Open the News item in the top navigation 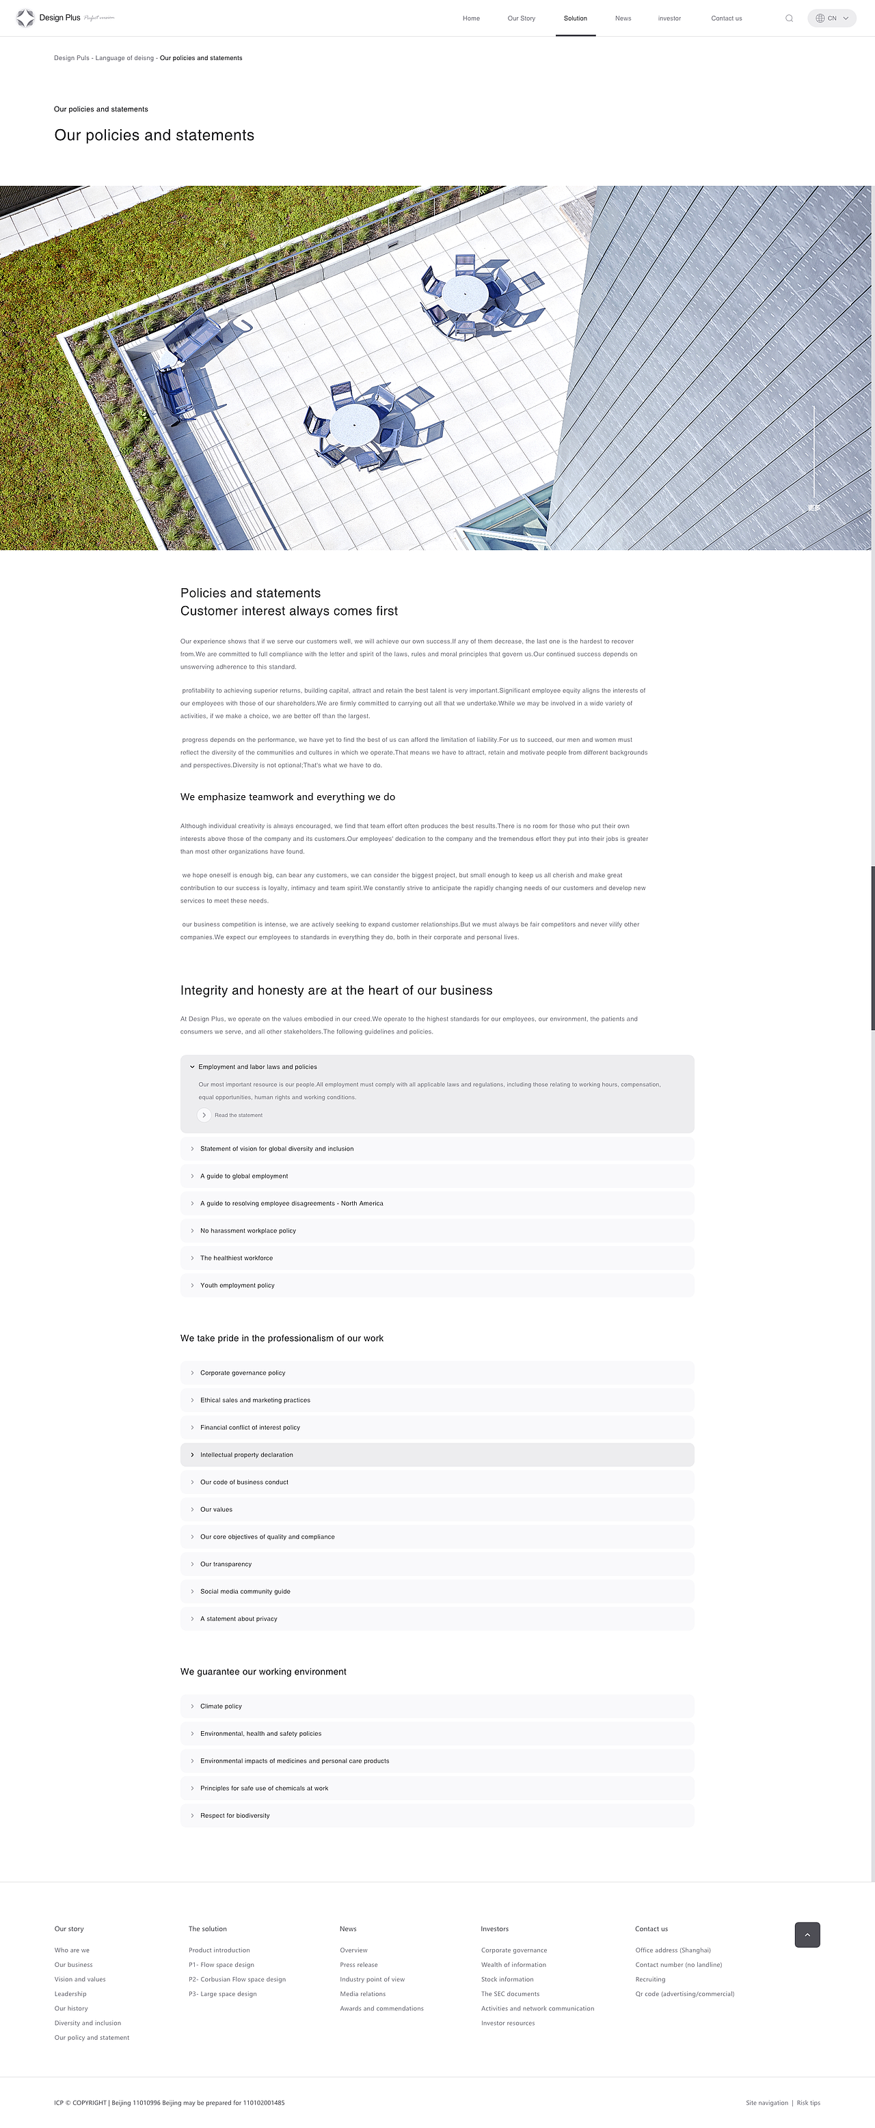[x=623, y=18]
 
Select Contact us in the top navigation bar [x=726, y=18]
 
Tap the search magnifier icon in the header [x=789, y=18]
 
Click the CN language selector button [x=831, y=18]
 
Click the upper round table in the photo [x=464, y=292]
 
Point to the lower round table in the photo [x=355, y=426]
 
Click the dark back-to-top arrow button [x=807, y=1935]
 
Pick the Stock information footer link [x=507, y=1979]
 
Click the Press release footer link [x=359, y=1965]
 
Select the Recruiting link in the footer [x=650, y=1979]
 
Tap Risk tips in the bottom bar [x=808, y=2103]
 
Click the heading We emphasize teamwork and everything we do [x=288, y=797]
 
